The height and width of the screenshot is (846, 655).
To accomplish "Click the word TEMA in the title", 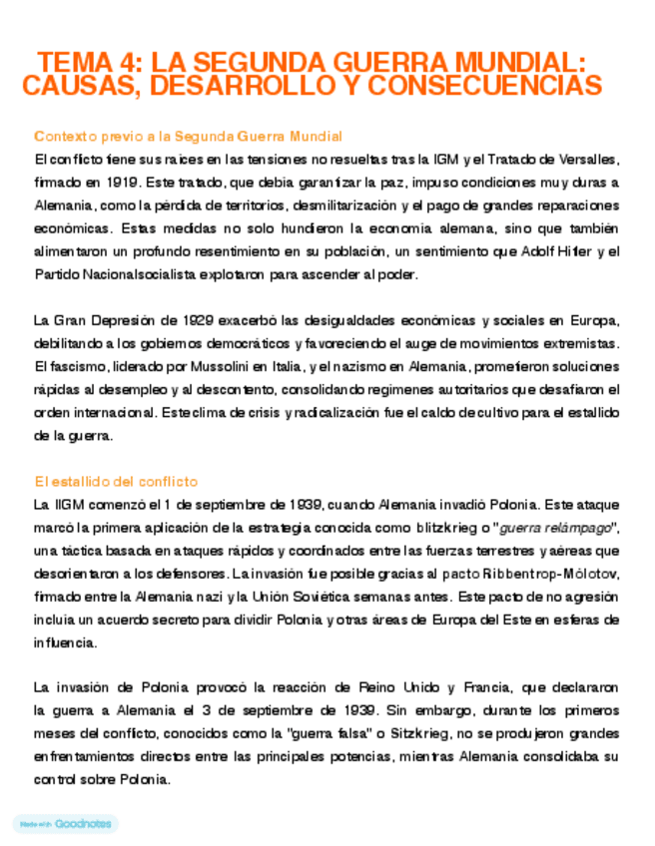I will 71,62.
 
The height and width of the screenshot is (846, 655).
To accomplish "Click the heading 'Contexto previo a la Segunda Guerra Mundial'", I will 188,136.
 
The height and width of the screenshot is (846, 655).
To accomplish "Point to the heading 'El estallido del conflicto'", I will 115,481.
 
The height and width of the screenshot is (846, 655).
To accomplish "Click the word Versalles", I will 586,159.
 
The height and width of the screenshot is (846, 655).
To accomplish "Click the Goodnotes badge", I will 65,824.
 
